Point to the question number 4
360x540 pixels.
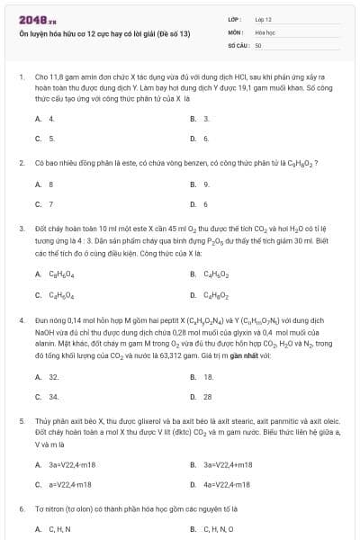(x=21, y=319)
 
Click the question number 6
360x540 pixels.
(x=21, y=509)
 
